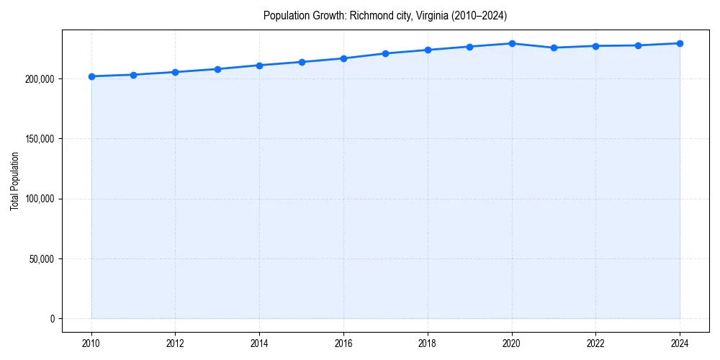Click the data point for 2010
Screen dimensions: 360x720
point(91,76)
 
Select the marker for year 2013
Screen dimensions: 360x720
point(217,69)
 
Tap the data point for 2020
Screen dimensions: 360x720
point(512,44)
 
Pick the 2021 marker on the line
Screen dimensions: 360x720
point(554,48)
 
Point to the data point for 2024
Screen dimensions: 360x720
point(680,43)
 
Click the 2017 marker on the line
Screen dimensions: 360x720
point(386,53)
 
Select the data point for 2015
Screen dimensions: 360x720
point(302,62)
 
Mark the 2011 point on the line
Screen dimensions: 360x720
point(133,75)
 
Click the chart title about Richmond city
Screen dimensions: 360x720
point(385,16)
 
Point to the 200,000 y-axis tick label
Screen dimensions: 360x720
point(37,78)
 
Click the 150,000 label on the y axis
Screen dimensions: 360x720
point(37,139)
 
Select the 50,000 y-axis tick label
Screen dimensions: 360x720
point(40,258)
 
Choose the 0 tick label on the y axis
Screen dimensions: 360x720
point(52,319)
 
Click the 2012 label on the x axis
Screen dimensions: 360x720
point(175,343)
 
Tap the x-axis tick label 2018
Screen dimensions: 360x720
point(428,343)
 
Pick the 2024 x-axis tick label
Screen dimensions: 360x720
point(680,343)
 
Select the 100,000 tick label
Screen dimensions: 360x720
point(37,199)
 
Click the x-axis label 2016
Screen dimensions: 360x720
point(343,343)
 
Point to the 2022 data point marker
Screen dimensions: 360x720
point(595,46)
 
